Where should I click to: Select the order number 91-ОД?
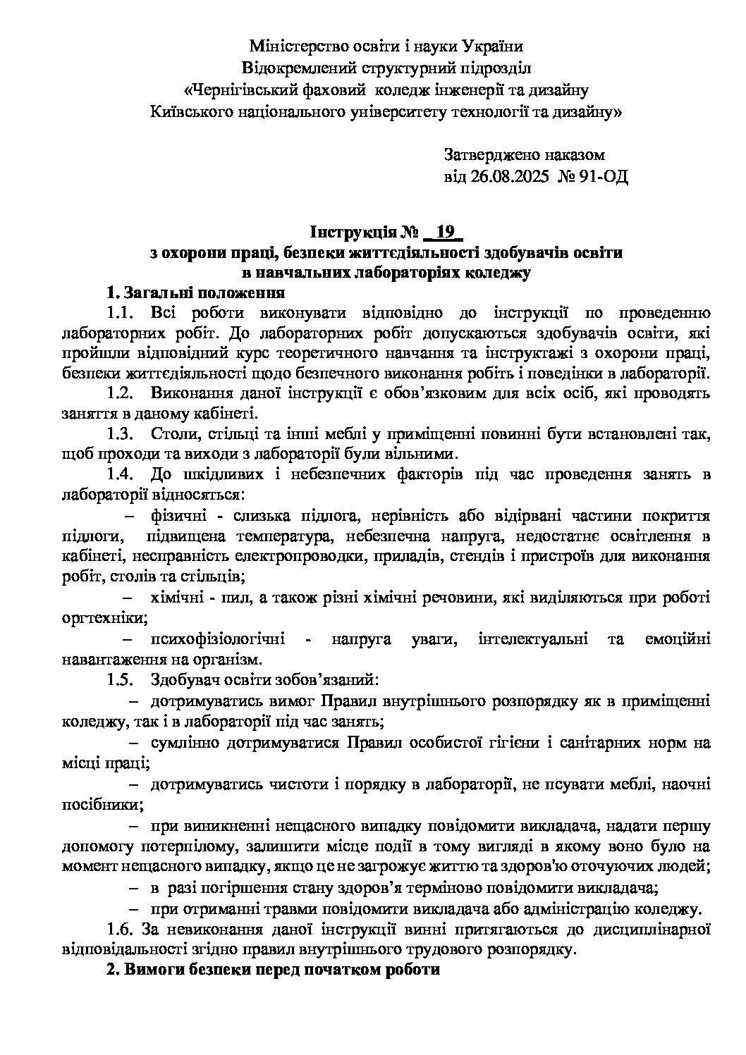pos(601,175)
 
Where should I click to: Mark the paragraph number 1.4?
pos(119,475)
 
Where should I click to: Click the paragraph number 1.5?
pos(119,680)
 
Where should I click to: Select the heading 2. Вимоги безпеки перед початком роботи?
pos(273,969)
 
